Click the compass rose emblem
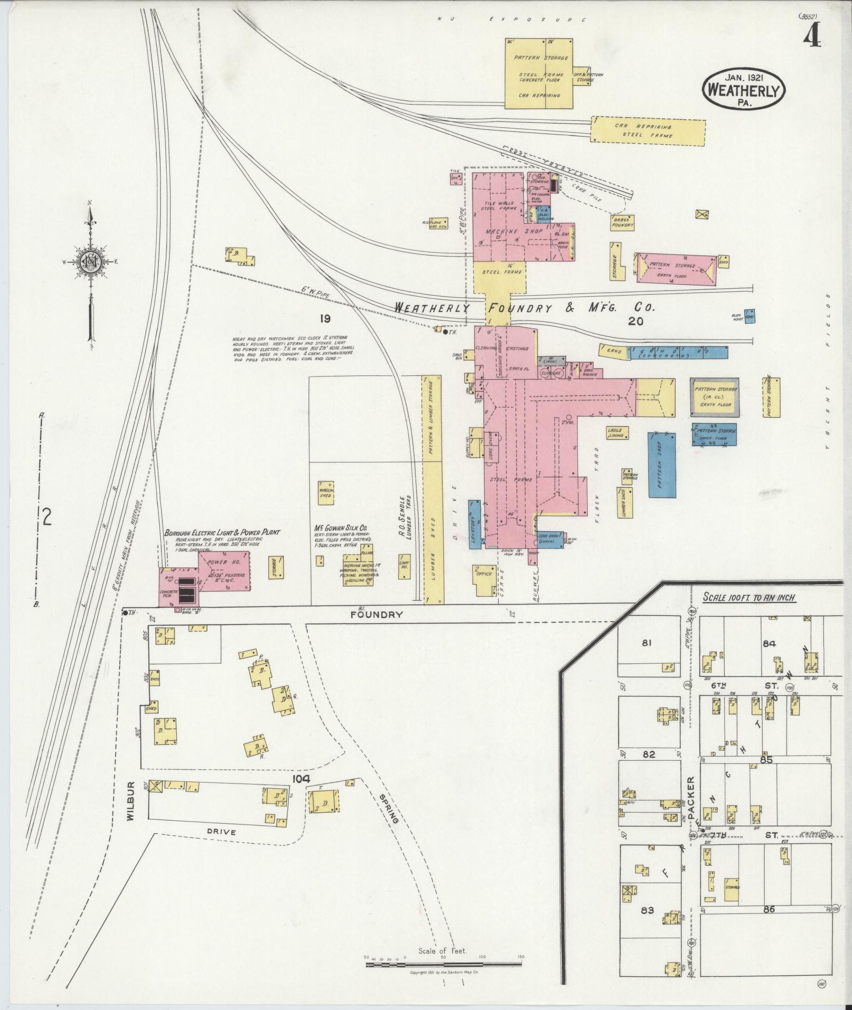[x=90, y=261]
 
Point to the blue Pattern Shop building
[x=662, y=465]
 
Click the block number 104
[x=299, y=779]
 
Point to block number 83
[x=647, y=910]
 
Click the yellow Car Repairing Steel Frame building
[x=648, y=131]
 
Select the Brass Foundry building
[x=622, y=222]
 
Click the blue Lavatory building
[x=474, y=524]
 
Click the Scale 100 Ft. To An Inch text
[x=749, y=598]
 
